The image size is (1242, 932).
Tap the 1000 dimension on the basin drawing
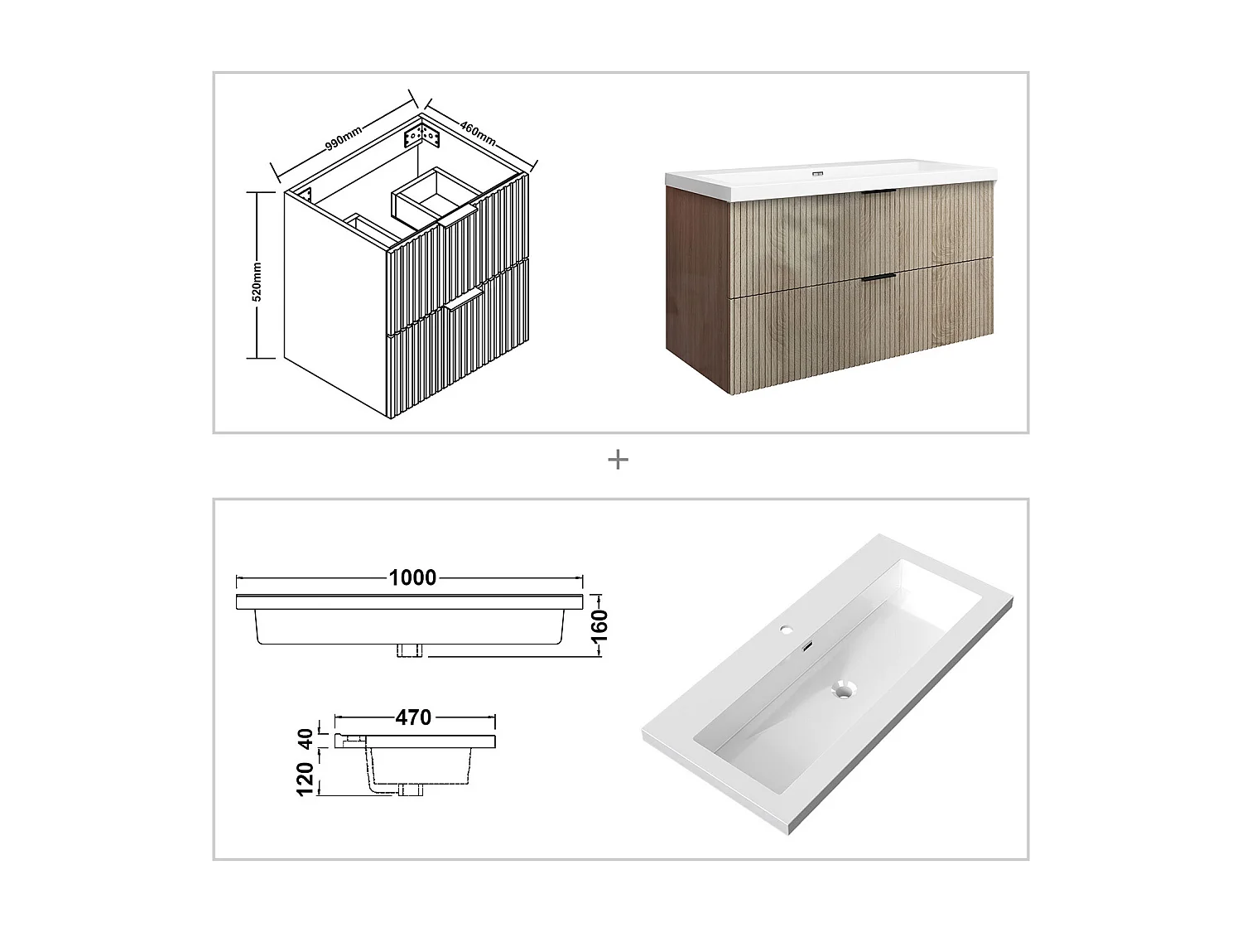(412, 577)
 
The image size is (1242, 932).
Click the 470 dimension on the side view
(413, 717)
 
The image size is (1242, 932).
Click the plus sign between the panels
(618, 460)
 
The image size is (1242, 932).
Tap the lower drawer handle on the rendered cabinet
(878, 278)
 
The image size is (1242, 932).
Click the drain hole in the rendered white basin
(843, 689)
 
